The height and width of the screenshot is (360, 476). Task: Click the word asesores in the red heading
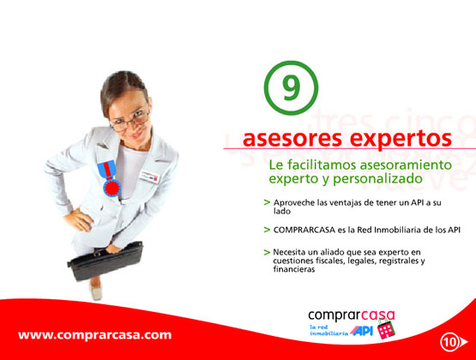pos(292,138)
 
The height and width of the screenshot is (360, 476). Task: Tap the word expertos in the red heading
pos(401,140)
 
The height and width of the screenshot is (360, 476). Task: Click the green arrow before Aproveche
pos(267,202)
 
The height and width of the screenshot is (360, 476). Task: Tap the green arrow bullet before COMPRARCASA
pos(267,230)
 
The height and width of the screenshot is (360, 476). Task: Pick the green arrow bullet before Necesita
pos(267,252)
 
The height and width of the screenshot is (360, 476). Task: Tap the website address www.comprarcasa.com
pos(94,335)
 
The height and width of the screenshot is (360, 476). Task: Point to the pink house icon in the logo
pos(386,329)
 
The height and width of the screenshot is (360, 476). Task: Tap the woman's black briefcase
pos(105,261)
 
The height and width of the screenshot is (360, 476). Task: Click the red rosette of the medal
pos(112,188)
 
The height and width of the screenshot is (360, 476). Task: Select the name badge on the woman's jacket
pos(149,177)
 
